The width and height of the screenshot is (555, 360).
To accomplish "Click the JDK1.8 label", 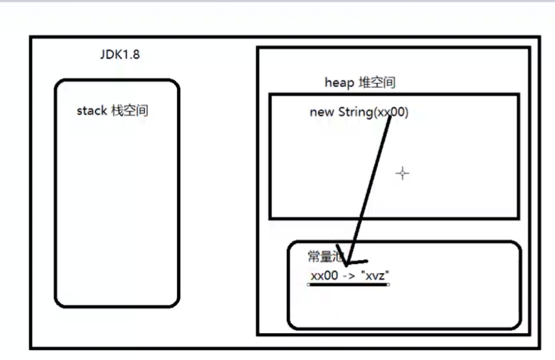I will pos(118,54).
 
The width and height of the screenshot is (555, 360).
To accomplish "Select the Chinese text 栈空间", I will pos(129,111).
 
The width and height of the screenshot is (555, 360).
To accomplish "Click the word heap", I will pos(338,83).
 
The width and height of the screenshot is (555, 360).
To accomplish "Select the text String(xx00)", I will pos(373,112).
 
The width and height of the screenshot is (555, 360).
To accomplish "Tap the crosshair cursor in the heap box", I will pos(402,173).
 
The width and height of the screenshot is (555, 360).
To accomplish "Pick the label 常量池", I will pos(321,256).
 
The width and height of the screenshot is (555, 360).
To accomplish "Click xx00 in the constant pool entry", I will pos(324,275).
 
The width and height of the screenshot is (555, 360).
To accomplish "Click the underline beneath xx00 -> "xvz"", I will pos(349,284).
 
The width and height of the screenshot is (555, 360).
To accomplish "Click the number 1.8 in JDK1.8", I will pos(130,54).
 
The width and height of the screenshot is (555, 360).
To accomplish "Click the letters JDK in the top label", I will pos(109,54).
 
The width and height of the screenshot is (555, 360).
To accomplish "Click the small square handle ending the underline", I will pos(388,284).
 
